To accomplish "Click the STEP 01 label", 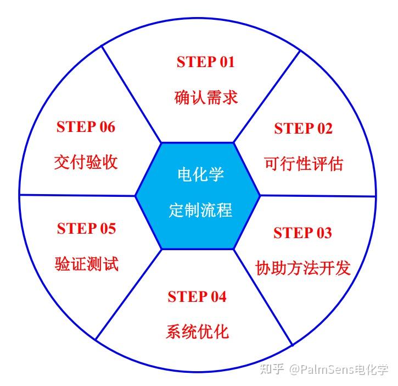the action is click(x=205, y=62).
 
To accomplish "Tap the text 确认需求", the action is click(x=206, y=97).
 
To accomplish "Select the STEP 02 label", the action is click(x=303, y=129).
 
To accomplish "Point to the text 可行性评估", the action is click(x=303, y=164).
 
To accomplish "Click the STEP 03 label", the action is click(x=302, y=233).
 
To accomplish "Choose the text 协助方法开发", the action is click(x=303, y=268).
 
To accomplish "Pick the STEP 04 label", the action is click(x=197, y=297).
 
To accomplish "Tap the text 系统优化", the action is click(x=197, y=332).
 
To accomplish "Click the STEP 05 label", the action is click(x=87, y=228).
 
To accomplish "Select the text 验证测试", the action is click(x=87, y=263).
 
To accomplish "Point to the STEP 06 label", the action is click(x=86, y=127).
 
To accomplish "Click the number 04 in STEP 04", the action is click(x=216, y=297).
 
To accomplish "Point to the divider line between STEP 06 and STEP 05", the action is click(x=77, y=195).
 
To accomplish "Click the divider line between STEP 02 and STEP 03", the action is click(x=318, y=196).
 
